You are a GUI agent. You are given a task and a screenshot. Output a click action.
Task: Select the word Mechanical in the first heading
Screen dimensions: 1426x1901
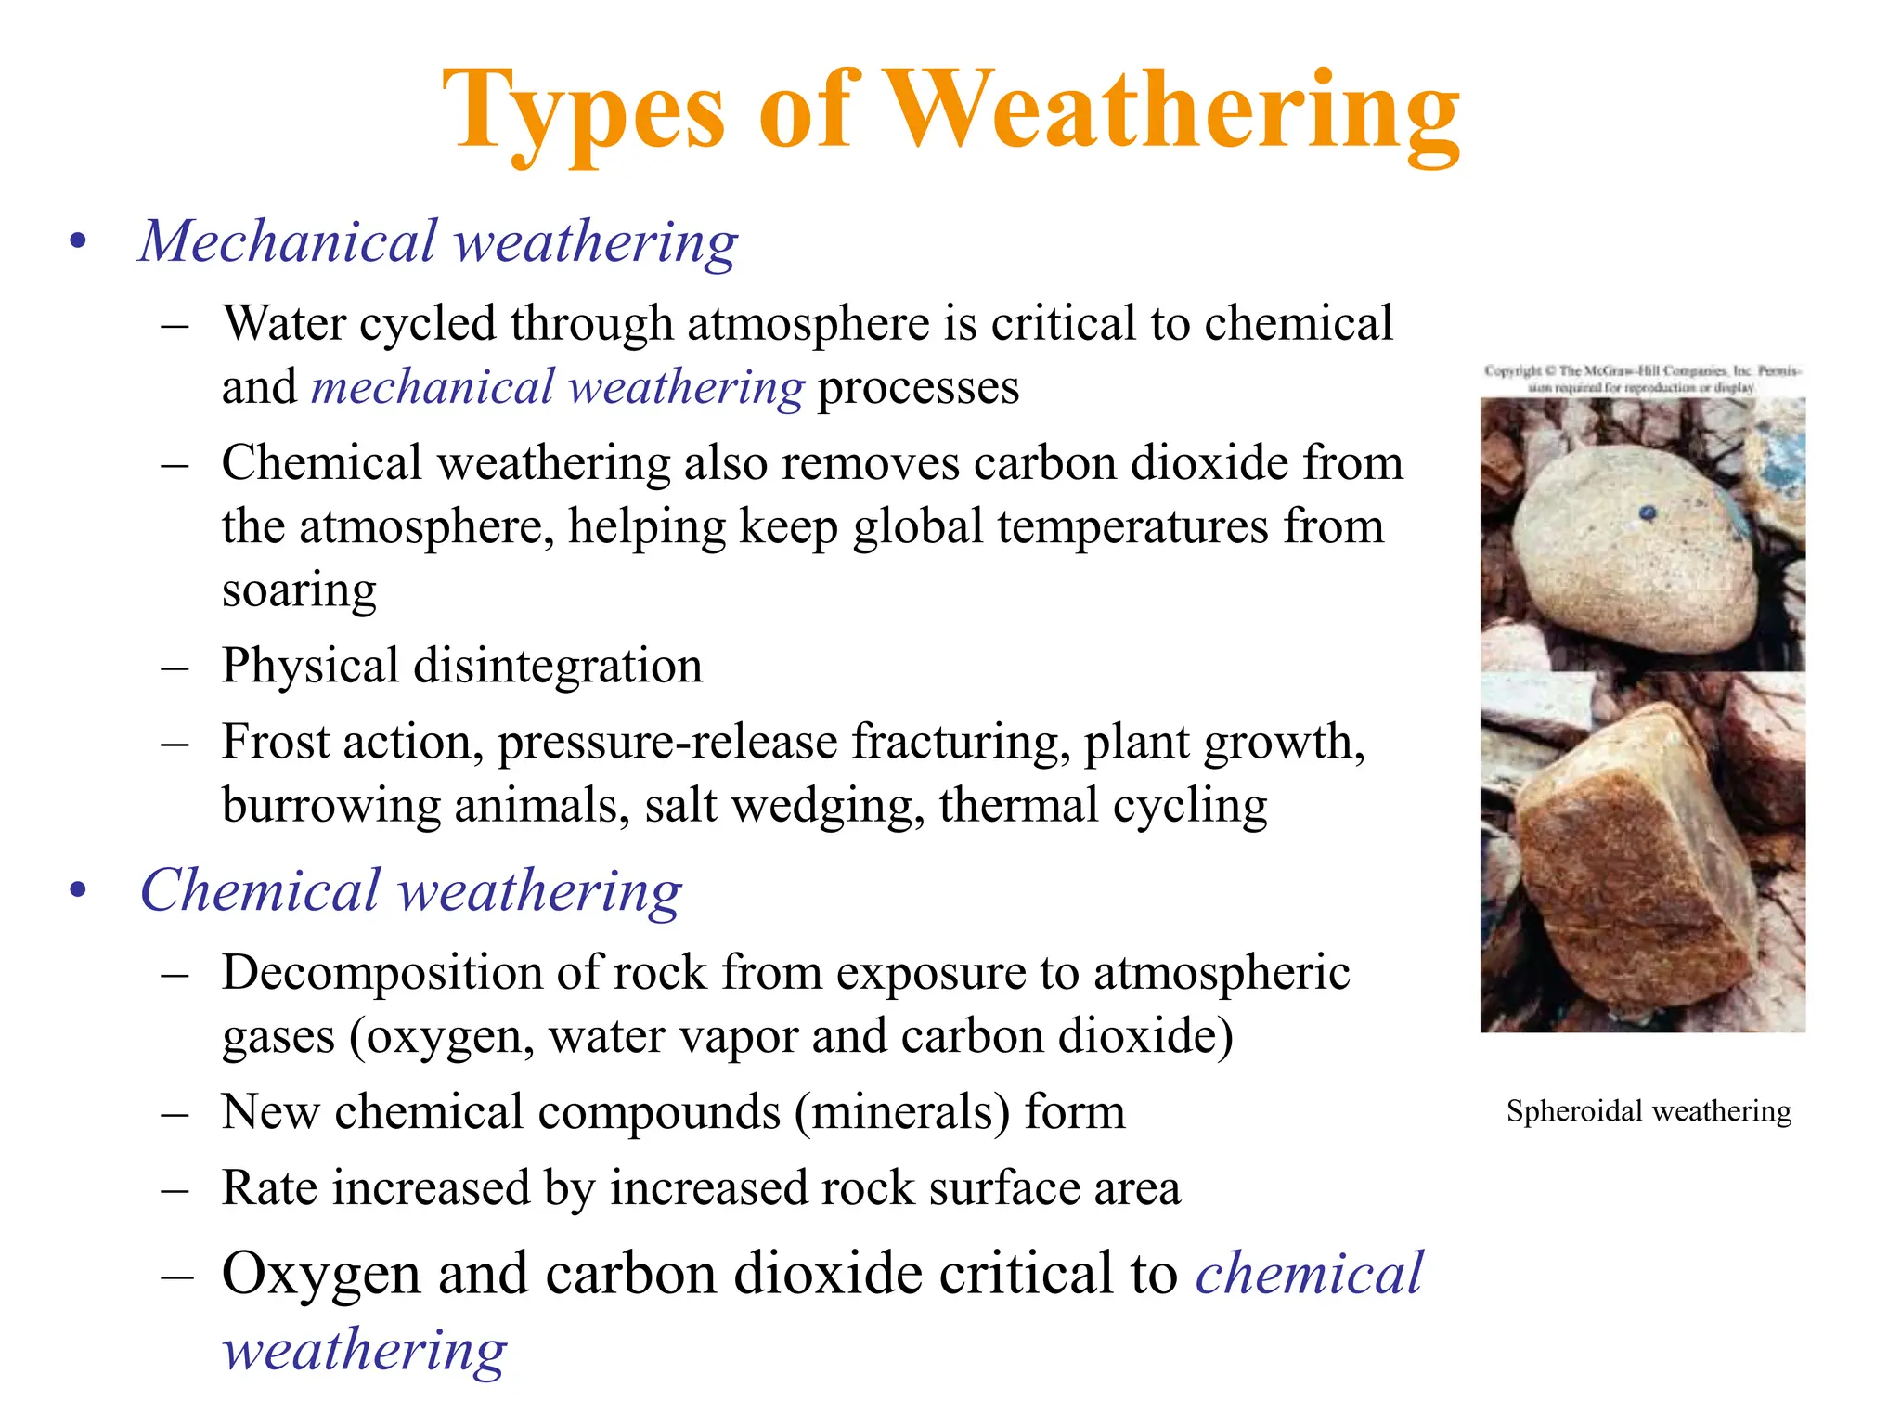click(x=288, y=241)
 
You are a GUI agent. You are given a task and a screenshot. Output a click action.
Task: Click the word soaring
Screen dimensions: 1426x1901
click(x=299, y=590)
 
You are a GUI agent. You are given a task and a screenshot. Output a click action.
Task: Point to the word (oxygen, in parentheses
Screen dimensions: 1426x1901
click(x=442, y=1036)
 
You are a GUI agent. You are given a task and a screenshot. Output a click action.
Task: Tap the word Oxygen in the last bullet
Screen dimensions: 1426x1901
click(x=321, y=1274)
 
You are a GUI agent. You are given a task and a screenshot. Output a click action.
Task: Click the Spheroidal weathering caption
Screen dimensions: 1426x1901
click(x=1649, y=1111)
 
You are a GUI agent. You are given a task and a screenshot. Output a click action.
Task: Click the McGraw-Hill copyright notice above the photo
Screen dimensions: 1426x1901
click(x=1642, y=379)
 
